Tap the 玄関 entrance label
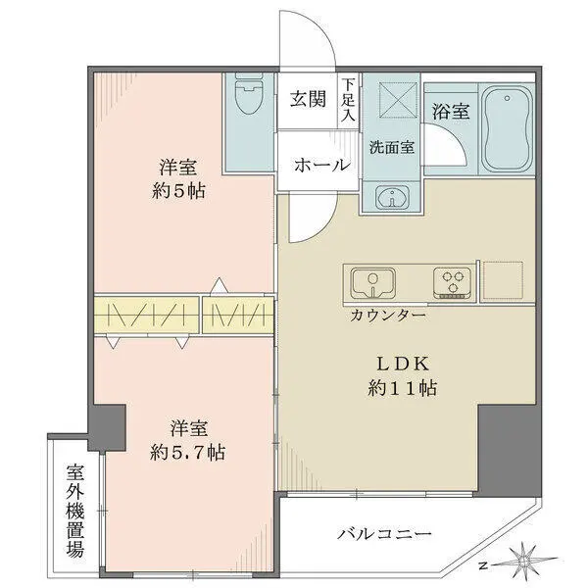point(309,100)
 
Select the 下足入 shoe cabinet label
point(348,100)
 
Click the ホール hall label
point(322,165)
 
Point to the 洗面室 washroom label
point(390,148)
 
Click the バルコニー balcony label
point(384,535)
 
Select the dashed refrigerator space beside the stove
point(505,281)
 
